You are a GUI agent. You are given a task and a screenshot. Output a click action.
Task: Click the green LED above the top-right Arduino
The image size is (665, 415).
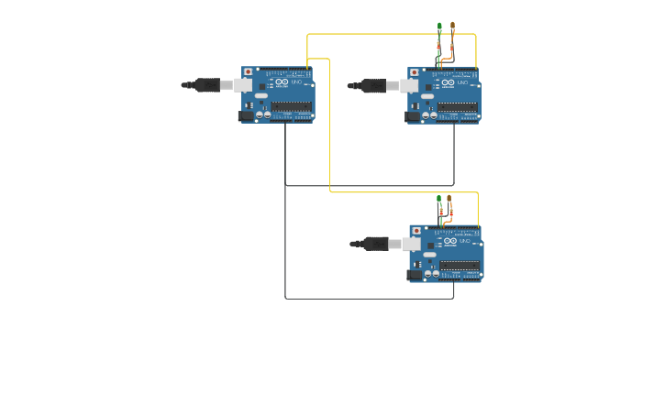pos(439,27)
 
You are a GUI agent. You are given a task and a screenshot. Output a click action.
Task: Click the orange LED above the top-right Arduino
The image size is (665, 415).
pos(452,27)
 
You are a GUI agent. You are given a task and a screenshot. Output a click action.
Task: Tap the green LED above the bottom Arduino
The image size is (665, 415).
pos(439,199)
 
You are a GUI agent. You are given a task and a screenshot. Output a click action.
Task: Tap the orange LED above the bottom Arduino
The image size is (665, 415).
pos(449,199)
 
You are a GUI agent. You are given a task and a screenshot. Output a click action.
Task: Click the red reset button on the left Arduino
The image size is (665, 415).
pos(248,71)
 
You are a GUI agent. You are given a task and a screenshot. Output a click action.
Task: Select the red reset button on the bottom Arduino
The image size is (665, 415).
pos(416,231)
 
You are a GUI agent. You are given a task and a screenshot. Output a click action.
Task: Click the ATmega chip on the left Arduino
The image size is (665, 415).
pos(291,106)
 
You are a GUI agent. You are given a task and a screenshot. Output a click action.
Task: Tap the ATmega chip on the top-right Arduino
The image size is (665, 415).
pos(457,107)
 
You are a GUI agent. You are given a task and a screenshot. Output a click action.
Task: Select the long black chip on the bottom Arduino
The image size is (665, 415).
pos(459,266)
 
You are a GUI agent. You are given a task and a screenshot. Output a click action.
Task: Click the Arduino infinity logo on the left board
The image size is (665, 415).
pos(282,83)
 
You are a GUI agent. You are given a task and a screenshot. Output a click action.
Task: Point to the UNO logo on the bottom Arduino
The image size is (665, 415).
pos(464,243)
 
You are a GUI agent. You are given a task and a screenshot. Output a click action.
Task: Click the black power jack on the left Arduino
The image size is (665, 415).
pos(246,115)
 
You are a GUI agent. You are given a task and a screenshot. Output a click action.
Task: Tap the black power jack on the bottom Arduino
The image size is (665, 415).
pos(414,274)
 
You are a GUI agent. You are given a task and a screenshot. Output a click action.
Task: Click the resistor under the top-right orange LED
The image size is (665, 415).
pos(450,45)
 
